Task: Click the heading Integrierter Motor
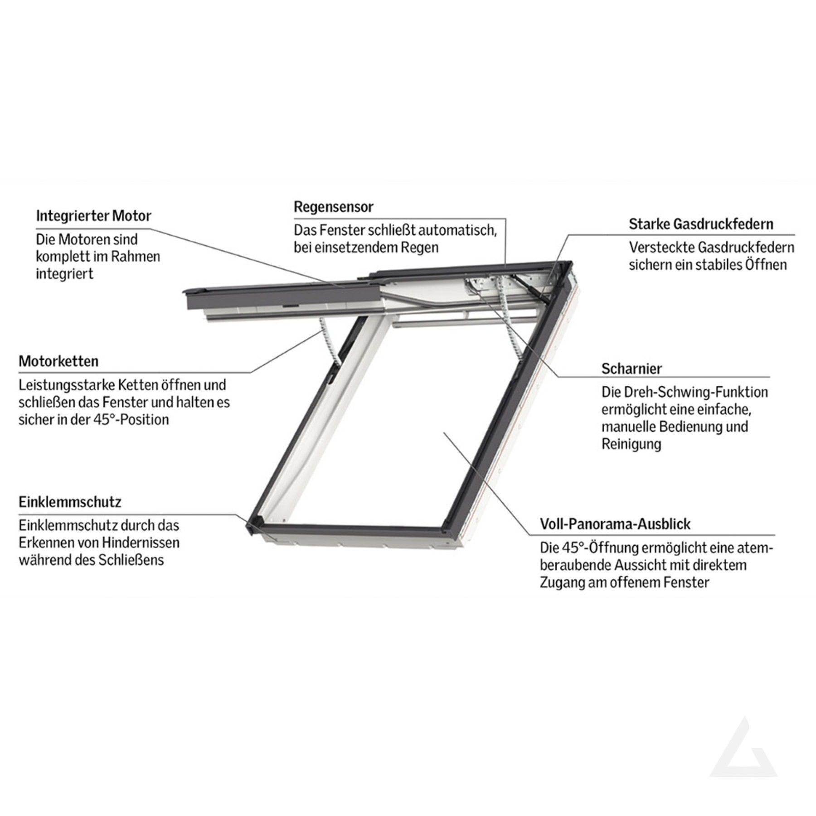pyautogui.click(x=93, y=216)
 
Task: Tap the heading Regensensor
pyautogui.click(x=334, y=207)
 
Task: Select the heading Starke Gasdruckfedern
pyautogui.click(x=701, y=224)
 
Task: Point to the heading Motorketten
pyautogui.click(x=58, y=361)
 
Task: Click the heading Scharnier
pyautogui.click(x=631, y=369)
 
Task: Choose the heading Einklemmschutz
pyautogui.click(x=70, y=502)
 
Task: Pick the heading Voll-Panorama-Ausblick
pyautogui.click(x=615, y=524)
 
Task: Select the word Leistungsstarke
pyautogui.click(x=67, y=385)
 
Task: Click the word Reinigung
pyautogui.click(x=631, y=444)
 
